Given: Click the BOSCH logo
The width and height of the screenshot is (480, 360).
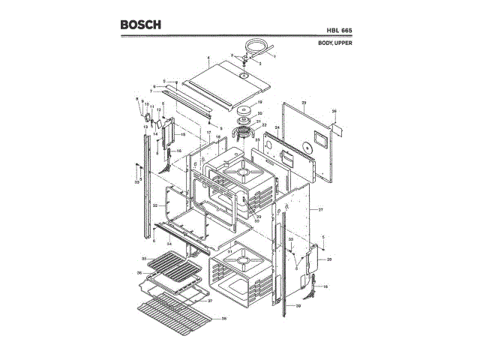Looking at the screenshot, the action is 140,25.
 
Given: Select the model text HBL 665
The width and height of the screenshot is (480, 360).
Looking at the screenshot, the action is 339,31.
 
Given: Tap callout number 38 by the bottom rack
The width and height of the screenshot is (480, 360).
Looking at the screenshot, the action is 223,319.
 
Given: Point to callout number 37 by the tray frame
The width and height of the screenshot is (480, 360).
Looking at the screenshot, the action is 210,301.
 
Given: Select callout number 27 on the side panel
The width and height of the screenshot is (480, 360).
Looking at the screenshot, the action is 320,208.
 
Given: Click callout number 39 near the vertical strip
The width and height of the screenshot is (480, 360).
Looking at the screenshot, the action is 298,306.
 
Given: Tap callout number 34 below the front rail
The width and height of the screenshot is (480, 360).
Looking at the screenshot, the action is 169,244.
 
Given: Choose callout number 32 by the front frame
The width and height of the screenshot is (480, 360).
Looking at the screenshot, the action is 154,204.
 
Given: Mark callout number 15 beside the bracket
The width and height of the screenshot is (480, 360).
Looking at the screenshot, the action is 182,134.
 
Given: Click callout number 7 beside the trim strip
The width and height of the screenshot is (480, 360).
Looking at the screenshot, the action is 150,91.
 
